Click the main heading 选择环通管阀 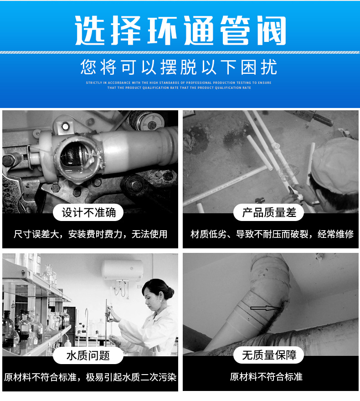pyautogui.click(x=180, y=31)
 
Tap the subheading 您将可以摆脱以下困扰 pyautogui.click(x=179, y=67)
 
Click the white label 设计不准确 pyautogui.click(x=88, y=212)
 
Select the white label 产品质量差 pyautogui.click(x=269, y=212)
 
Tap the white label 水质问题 pyautogui.click(x=88, y=355)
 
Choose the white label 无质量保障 pyautogui.click(x=269, y=355)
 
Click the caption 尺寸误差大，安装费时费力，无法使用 pyautogui.click(x=90, y=234)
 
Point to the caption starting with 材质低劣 pyautogui.click(x=272, y=234)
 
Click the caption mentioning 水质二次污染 pyautogui.click(x=90, y=377)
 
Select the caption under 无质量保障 pyautogui.click(x=266, y=377)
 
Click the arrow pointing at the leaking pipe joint pyautogui.click(x=265, y=308)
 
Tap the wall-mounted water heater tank pyautogui.click(x=122, y=270)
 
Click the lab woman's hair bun pyautogui.click(x=170, y=292)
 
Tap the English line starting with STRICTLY pyautogui.click(x=179, y=82)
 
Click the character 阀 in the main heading pyautogui.click(x=271, y=31)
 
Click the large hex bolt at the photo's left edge pyautogui.click(x=9, y=160)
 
